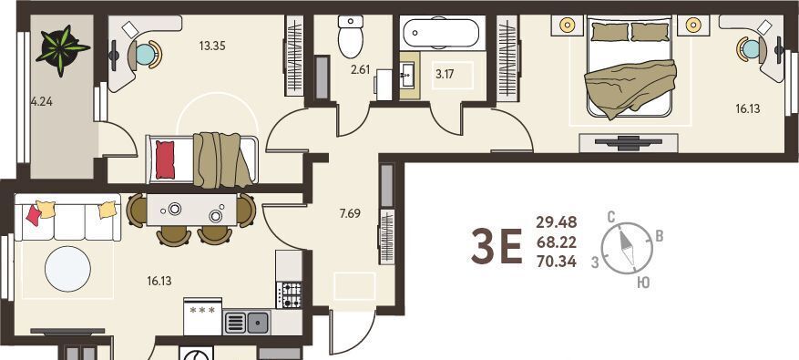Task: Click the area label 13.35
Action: pyautogui.click(x=212, y=46)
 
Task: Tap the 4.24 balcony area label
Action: pyautogui.click(x=42, y=101)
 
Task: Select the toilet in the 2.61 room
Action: pyautogui.click(x=351, y=36)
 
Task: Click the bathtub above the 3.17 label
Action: pyautogui.click(x=442, y=33)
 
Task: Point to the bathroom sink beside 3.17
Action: pyautogui.click(x=409, y=75)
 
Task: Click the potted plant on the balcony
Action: pyautogui.click(x=62, y=49)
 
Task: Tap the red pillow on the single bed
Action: pyautogui.click(x=165, y=160)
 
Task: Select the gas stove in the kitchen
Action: pyautogui.click(x=289, y=294)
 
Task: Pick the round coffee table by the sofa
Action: pyautogui.click(x=67, y=269)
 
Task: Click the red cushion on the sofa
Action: pyautogui.click(x=34, y=215)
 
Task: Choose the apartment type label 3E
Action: pyautogui.click(x=496, y=246)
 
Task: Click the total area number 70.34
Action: pyautogui.click(x=557, y=262)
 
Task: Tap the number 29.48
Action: pyautogui.click(x=557, y=222)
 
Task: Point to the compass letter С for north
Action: pyautogui.click(x=611, y=217)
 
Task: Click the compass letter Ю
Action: pyautogui.click(x=643, y=283)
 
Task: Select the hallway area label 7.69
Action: pyautogui.click(x=350, y=213)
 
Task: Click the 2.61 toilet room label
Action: pyautogui.click(x=359, y=70)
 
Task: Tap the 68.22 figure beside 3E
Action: pyautogui.click(x=557, y=242)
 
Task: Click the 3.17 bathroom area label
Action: pyautogui.click(x=444, y=74)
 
